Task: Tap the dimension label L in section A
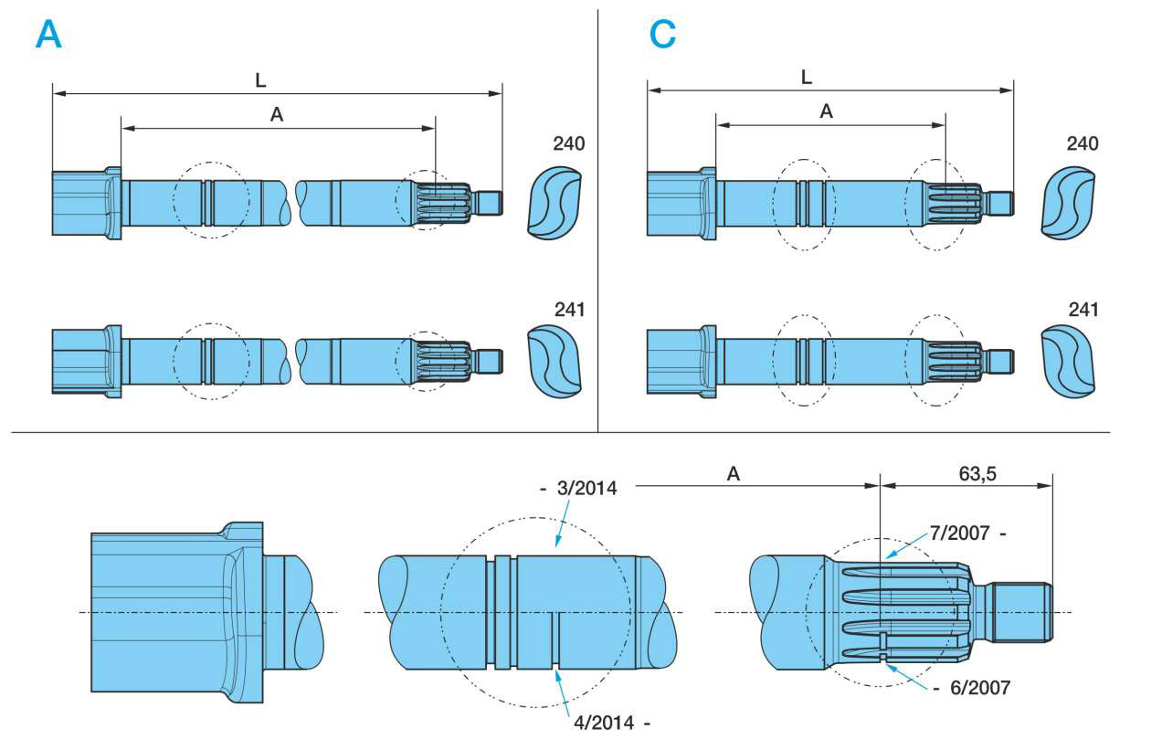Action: click(260, 80)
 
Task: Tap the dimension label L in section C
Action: click(806, 78)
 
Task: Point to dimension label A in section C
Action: click(826, 111)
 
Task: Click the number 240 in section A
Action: click(568, 143)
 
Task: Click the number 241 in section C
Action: click(1082, 310)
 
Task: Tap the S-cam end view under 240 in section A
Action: click(554, 204)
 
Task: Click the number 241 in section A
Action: click(568, 310)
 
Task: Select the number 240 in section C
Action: click(1082, 143)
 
